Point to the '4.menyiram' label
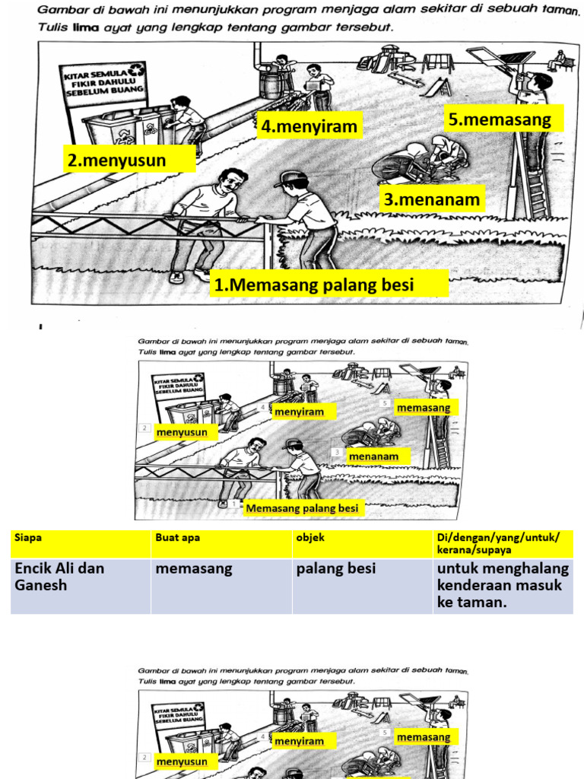(x=309, y=126)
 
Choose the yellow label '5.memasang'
(x=503, y=119)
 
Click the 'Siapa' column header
(x=80, y=543)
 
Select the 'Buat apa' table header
(x=221, y=543)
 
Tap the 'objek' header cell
(x=361, y=543)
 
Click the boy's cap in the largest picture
(x=291, y=180)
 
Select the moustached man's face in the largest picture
(x=230, y=183)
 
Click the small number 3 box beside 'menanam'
(x=337, y=452)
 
